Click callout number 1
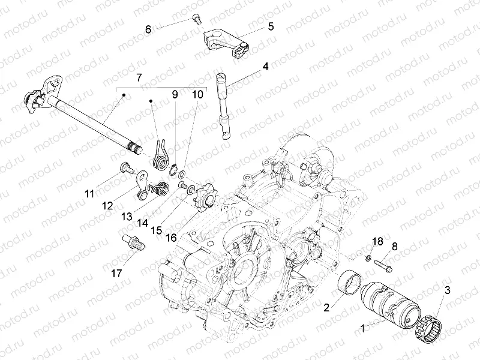tap(362, 329)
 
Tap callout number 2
tap(326, 308)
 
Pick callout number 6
tap(148, 28)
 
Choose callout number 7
tap(139, 78)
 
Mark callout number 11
tap(89, 193)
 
